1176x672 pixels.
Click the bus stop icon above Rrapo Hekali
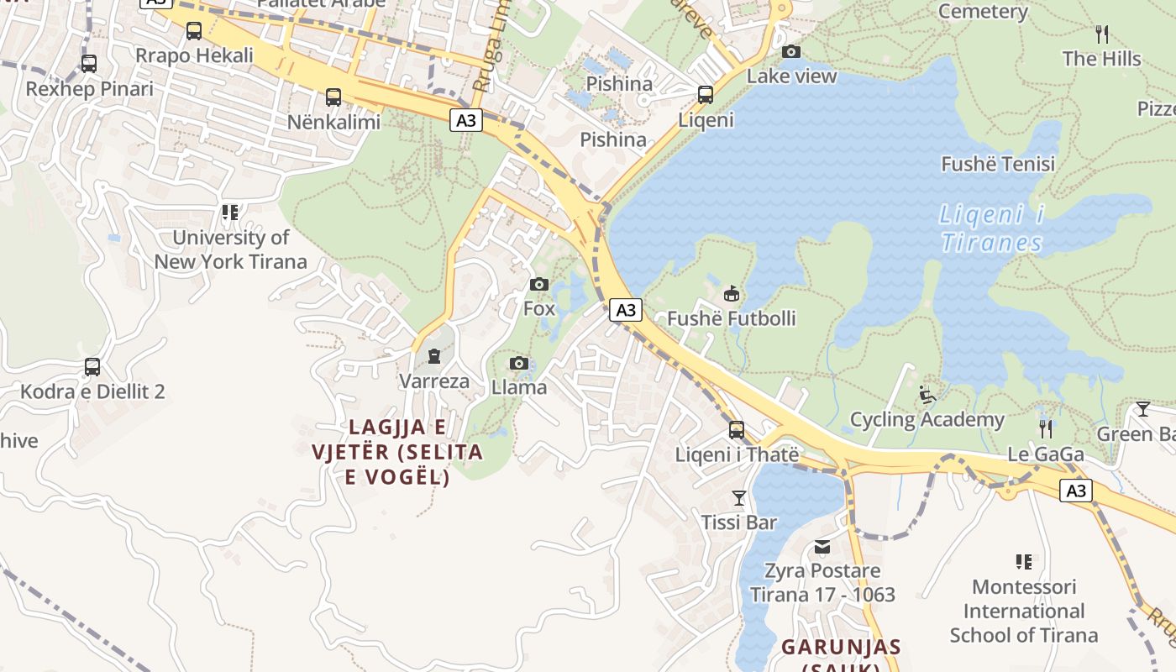coord(194,31)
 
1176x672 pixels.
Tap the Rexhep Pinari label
coord(89,89)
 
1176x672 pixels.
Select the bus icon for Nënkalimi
coord(333,97)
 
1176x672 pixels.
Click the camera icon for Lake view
coord(791,51)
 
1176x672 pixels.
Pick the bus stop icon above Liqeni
coord(706,94)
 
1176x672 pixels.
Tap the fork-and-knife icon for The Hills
coord(1102,34)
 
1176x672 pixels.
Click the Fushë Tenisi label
coord(998,164)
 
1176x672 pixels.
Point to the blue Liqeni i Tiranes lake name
coord(991,228)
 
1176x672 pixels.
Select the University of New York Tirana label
coord(230,249)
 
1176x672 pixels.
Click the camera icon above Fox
coord(539,284)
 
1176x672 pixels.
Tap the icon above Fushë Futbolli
coord(732,294)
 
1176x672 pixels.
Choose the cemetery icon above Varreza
coord(433,357)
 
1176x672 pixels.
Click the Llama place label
coord(519,387)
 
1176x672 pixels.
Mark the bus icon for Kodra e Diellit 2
coord(92,367)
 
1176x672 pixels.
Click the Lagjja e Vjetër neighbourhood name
coord(397,452)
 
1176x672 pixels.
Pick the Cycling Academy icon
coord(927,395)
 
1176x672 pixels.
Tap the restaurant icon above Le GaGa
coord(1046,429)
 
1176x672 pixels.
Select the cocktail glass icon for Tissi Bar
coord(739,498)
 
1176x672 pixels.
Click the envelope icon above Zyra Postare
coord(822,548)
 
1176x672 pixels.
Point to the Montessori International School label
coord(1024,611)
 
